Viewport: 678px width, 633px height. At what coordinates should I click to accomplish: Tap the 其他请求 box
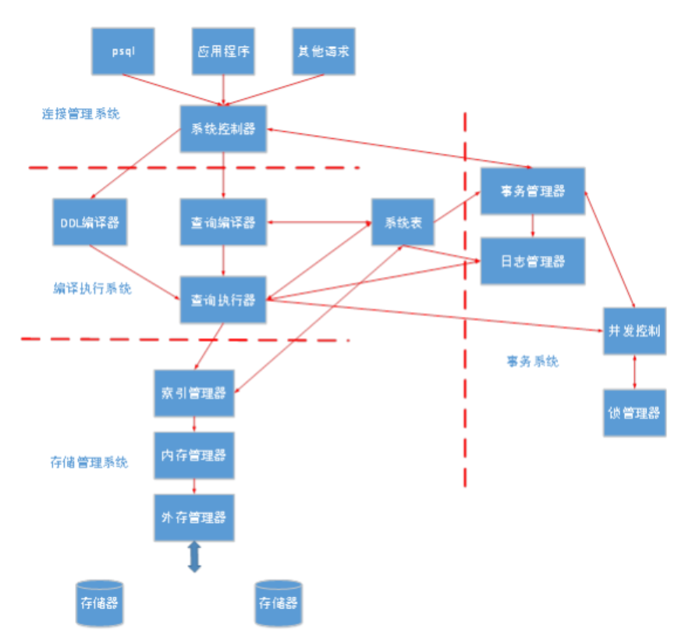tap(323, 51)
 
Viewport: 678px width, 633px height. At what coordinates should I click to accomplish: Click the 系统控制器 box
tap(223, 129)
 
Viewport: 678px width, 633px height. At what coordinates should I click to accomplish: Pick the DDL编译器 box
tap(89, 222)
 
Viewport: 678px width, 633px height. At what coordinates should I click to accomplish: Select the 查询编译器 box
tap(223, 222)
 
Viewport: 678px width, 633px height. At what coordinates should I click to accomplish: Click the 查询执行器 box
tap(223, 299)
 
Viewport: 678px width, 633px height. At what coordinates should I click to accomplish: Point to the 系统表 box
tap(403, 222)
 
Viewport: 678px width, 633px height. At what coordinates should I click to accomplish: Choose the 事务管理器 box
tap(532, 191)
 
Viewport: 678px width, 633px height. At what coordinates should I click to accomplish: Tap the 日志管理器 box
tap(532, 261)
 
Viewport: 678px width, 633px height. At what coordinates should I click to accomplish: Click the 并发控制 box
tap(634, 330)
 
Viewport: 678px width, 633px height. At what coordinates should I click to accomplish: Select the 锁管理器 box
tap(634, 413)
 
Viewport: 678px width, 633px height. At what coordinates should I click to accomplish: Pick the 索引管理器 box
tap(193, 393)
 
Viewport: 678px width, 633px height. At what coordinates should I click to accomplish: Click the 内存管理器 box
tap(193, 453)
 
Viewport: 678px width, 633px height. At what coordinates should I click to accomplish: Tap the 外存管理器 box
tap(193, 517)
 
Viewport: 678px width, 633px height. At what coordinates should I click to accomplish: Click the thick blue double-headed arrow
tap(194, 557)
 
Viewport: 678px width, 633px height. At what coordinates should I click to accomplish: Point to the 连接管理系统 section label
tap(81, 114)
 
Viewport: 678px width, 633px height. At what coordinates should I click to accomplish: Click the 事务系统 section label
tap(532, 361)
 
